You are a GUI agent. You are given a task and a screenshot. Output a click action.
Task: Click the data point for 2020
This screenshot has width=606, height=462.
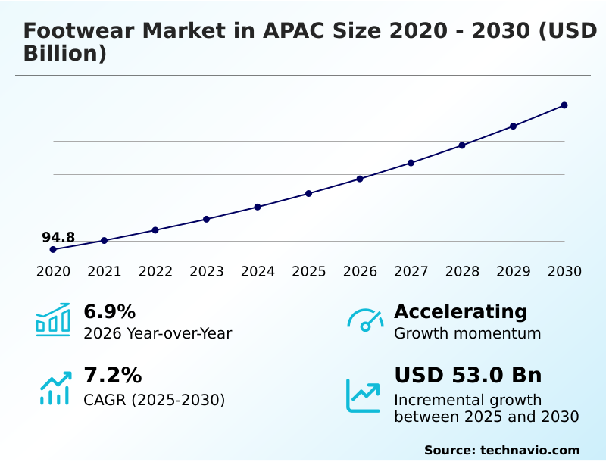(x=53, y=249)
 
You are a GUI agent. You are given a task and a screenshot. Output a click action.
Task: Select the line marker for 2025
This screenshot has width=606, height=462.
(x=309, y=193)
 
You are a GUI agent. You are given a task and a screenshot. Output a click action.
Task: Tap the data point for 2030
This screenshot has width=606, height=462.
(x=564, y=105)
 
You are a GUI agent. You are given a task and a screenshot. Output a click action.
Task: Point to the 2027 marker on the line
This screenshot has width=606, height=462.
(x=411, y=163)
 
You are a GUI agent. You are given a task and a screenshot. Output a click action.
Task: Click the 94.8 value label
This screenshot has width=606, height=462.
(x=58, y=237)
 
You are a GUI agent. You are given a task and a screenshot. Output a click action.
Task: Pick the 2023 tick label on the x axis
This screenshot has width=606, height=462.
(x=207, y=272)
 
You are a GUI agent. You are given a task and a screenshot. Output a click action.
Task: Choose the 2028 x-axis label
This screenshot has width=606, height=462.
(x=462, y=272)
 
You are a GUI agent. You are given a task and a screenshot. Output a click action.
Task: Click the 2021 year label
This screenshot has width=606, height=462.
(x=105, y=272)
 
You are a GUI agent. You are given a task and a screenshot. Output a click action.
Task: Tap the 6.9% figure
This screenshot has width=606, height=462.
(x=109, y=312)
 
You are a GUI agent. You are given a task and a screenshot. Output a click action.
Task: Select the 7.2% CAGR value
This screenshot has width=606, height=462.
(x=112, y=376)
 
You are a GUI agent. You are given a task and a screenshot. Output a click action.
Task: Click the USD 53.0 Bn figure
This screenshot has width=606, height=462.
(x=467, y=376)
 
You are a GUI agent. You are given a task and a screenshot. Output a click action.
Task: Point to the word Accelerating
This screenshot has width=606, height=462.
(x=461, y=312)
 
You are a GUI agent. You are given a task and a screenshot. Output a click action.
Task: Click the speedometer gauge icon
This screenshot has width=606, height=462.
(x=365, y=320)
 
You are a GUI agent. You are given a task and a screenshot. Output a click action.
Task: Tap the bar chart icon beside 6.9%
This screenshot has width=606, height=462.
(x=53, y=320)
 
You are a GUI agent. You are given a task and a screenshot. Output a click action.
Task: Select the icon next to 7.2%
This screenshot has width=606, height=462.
(x=55, y=388)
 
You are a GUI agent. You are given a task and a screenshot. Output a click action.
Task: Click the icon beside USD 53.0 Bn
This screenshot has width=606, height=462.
(x=364, y=395)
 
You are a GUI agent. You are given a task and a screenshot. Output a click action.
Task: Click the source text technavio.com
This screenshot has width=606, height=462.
(x=529, y=450)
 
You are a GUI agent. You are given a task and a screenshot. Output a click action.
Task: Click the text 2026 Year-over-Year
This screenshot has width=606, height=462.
(x=158, y=333)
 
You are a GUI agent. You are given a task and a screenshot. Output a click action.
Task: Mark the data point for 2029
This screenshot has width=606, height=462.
(x=513, y=126)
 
